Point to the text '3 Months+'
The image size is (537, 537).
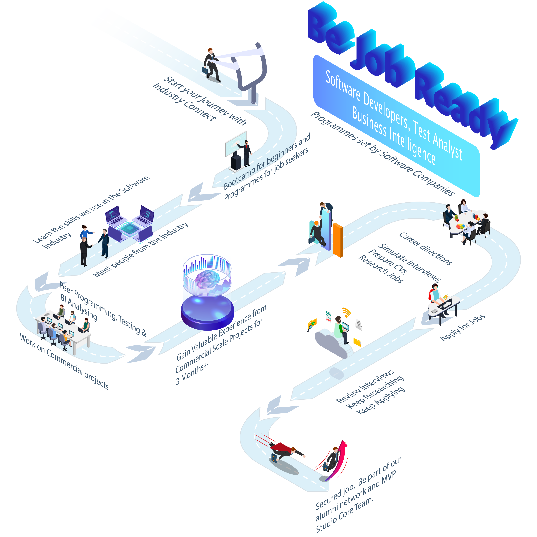[192, 374]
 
